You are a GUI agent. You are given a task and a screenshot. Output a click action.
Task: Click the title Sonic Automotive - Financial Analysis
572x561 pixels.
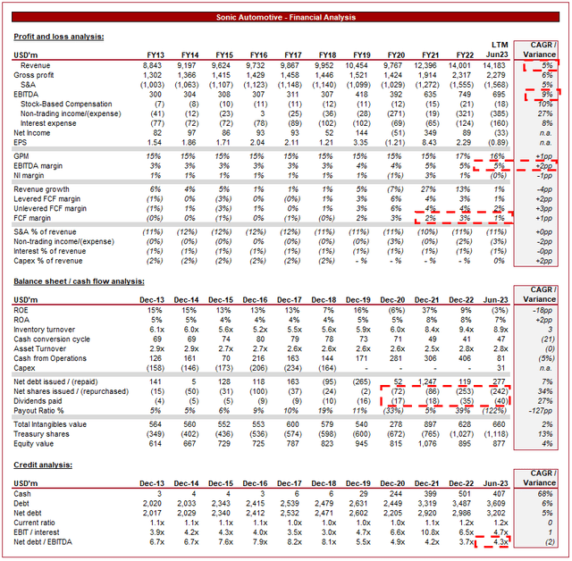point(286,17)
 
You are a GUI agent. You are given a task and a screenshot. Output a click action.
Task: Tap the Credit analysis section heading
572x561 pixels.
point(43,466)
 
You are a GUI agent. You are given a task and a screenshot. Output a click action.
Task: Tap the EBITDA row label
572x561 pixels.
point(28,94)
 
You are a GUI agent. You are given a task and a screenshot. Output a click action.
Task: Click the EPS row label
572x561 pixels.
point(23,142)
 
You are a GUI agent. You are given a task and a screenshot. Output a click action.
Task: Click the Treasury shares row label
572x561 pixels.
point(43,433)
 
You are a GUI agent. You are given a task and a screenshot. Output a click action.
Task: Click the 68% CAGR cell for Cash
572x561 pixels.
point(542,494)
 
